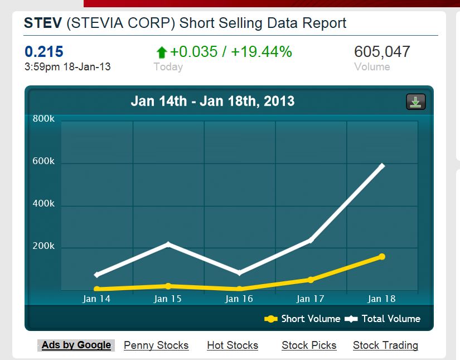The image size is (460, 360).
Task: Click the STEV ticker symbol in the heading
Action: [x=43, y=23]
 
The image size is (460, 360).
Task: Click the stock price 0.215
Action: [x=44, y=52]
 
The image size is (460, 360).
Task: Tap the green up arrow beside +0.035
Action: [x=162, y=52]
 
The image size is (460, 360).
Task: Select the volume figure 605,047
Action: [x=382, y=52]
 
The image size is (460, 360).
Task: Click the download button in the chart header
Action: [x=415, y=102]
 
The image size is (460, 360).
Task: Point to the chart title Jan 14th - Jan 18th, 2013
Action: [x=212, y=102]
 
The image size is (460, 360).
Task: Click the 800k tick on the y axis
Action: [x=44, y=119]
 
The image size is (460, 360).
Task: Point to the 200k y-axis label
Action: [x=44, y=246]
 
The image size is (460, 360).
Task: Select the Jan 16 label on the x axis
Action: [x=239, y=299]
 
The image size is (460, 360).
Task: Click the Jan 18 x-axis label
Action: [x=382, y=299]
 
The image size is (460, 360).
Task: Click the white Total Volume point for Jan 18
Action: [x=382, y=166]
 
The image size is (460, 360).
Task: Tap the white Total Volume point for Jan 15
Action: [x=168, y=244]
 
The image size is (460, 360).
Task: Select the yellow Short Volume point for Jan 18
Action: [x=382, y=256]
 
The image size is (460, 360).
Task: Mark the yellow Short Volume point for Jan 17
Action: [x=311, y=280]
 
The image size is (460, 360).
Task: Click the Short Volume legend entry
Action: [x=303, y=319]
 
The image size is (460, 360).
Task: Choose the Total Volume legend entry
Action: [x=383, y=319]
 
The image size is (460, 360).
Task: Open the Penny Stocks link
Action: [x=156, y=345]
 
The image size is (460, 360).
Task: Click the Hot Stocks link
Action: [x=233, y=345]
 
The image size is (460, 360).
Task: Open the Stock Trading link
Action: [x=385, y=345]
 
